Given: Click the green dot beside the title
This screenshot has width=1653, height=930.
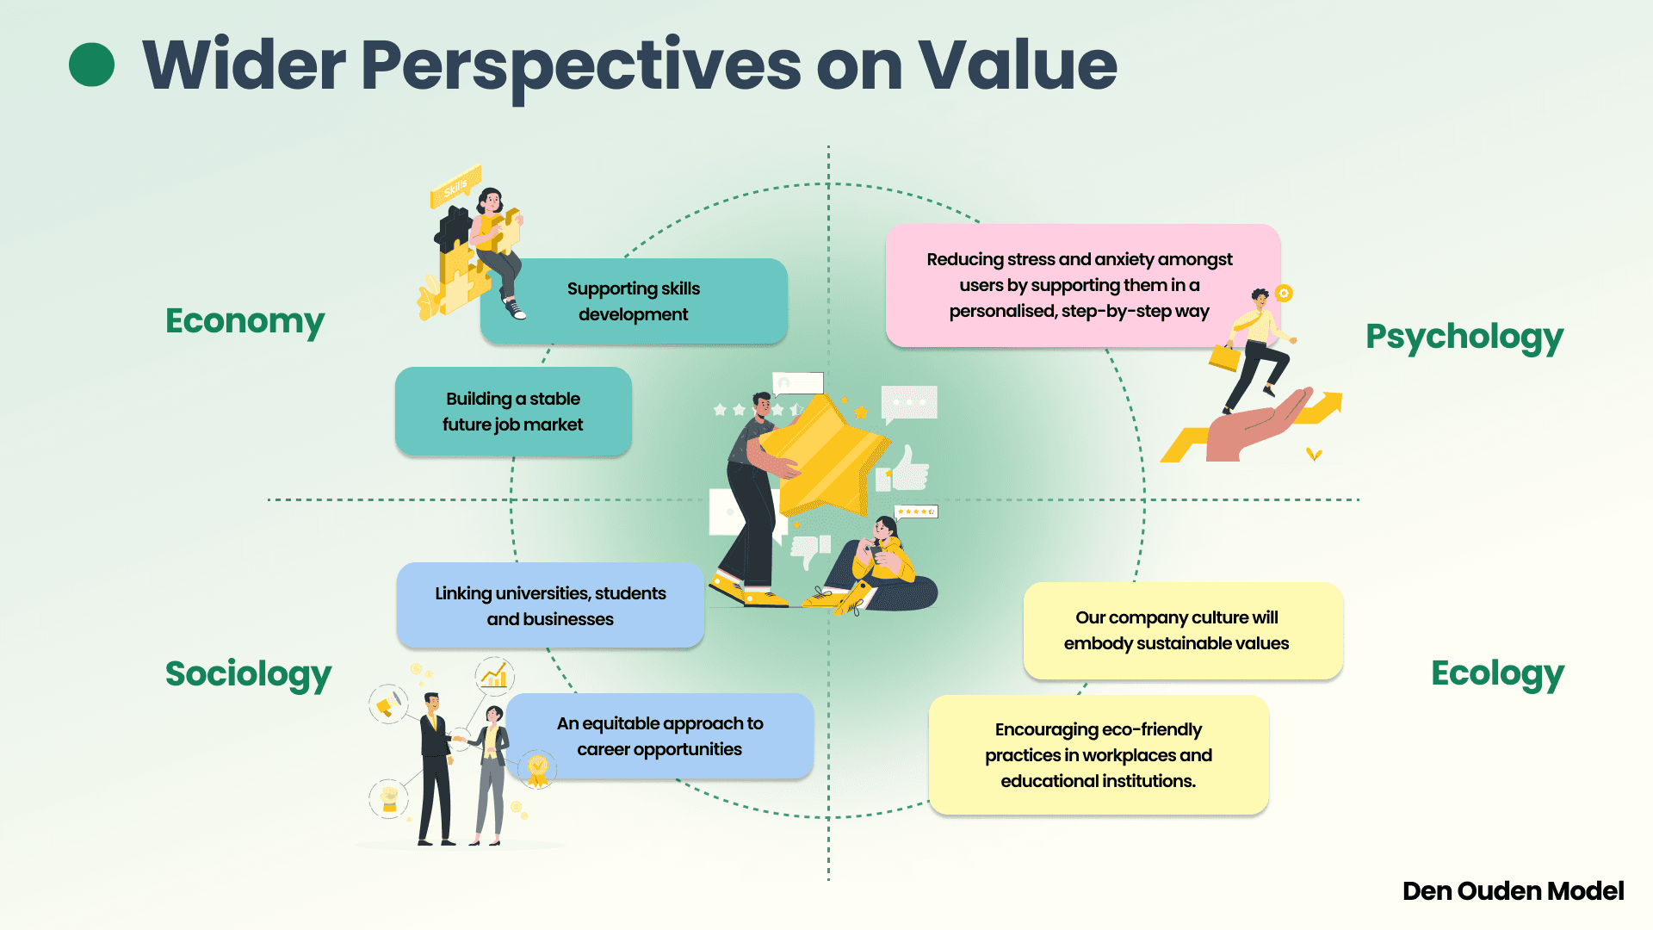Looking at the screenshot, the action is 91,65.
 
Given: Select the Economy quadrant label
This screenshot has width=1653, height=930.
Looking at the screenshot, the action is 245,320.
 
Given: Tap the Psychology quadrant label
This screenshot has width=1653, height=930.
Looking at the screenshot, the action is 1464,337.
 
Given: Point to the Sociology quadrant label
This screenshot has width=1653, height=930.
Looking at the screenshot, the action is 248,673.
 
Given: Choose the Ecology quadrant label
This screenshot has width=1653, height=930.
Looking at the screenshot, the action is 1497,673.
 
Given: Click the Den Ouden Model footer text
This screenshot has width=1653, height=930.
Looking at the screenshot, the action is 1513,890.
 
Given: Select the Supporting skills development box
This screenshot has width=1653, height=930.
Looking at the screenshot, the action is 634,301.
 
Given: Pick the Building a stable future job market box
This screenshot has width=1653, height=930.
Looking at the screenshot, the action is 513,412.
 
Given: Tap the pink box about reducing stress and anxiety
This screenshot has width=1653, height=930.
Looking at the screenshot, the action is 1080,285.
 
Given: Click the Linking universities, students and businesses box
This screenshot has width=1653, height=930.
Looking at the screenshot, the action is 550,605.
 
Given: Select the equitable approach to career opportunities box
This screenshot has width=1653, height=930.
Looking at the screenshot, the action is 659,736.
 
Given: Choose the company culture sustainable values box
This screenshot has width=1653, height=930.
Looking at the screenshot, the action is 1176,630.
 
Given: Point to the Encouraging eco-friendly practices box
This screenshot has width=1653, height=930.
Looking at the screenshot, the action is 1099,755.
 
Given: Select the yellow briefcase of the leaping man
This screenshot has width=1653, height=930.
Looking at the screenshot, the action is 1224,356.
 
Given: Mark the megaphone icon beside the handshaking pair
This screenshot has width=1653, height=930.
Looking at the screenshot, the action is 387,705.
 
